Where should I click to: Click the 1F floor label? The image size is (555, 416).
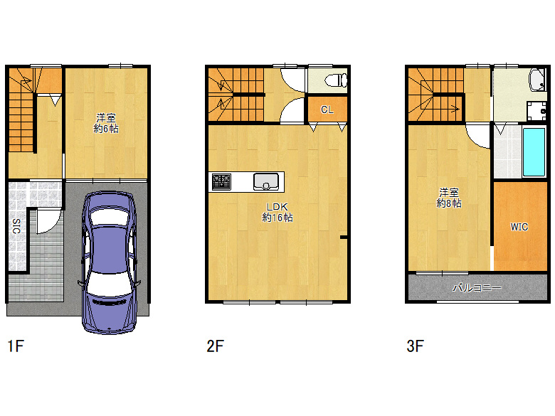point(16,346)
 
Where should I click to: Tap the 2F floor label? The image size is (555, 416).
point(215,346)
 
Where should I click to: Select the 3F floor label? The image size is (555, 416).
point(416,346)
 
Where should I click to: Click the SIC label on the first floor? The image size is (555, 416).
point(16,226)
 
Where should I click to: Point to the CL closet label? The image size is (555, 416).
point(327,110)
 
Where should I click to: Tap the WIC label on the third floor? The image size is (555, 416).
point(519,227)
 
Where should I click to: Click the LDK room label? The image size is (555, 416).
point(277,207)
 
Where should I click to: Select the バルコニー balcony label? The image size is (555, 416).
point(477,288)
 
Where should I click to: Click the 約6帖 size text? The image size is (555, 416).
point(106,129)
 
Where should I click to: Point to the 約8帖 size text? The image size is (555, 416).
point(449,203)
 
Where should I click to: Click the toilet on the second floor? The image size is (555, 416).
point(336,80)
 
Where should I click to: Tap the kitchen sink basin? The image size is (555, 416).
point(266,182)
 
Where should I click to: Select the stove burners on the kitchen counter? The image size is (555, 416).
point(221,182)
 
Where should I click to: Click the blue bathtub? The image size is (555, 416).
point(534,151)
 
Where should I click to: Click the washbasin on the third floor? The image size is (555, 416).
point(537,80)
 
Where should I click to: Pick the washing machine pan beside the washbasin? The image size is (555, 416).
point(536,111)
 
